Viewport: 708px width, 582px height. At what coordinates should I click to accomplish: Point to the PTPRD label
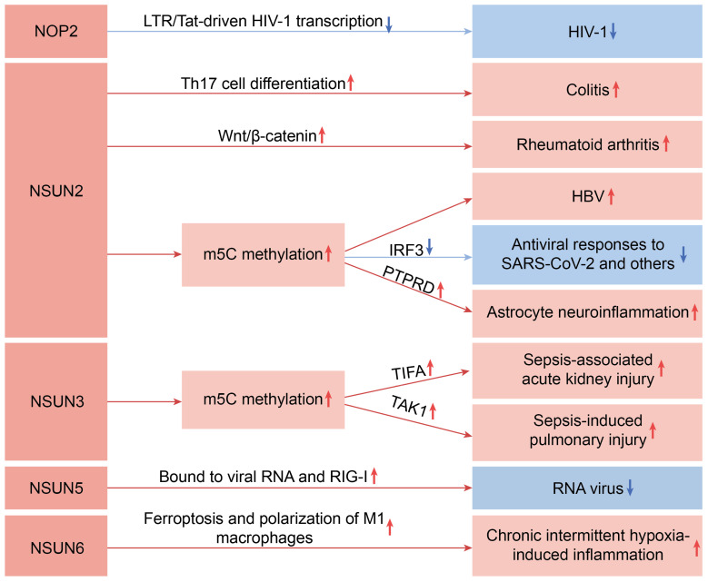pos(407,285)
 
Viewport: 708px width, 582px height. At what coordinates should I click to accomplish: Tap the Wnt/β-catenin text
pos(259,136)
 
